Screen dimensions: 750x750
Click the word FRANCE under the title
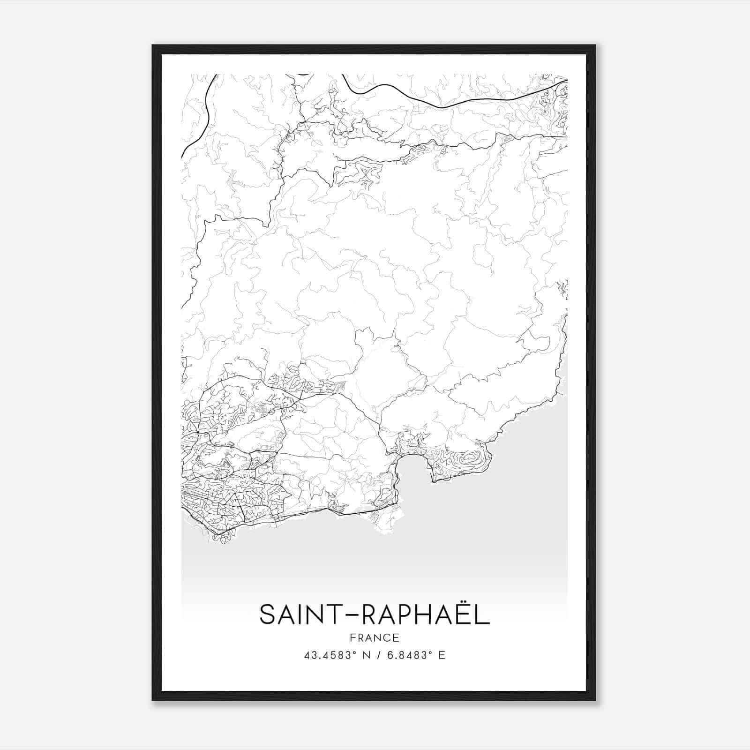click(374, 637)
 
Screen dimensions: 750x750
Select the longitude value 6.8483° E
click(415, 655)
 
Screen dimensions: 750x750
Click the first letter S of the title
click(268, 615)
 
